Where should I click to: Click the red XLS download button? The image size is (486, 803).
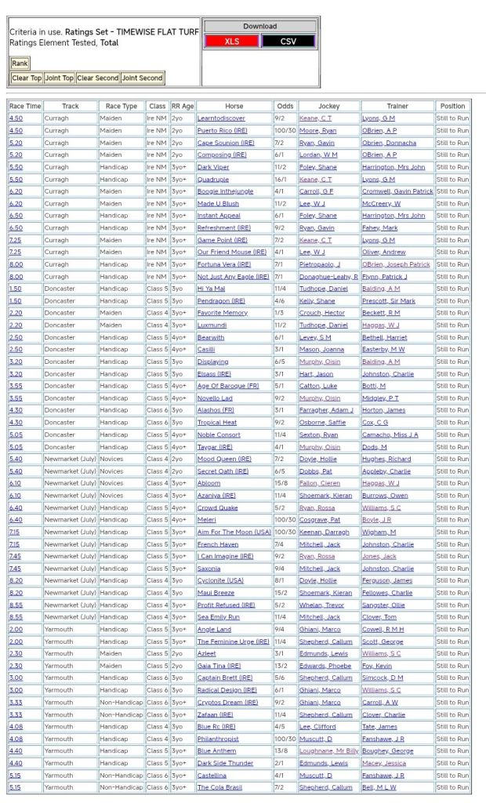click(231, 41)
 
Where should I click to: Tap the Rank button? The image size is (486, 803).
click(20, 64)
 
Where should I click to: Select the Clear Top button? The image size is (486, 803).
click(27, 78)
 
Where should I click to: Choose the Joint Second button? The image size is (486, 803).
click(142, 78)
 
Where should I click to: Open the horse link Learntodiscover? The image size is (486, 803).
click(221, 118)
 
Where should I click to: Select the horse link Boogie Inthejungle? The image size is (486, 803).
click(226, 191)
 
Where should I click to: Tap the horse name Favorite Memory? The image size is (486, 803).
click(222, 313)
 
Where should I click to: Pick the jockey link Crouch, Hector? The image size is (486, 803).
click(321, 313)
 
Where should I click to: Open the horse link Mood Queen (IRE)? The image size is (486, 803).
click(224, 459)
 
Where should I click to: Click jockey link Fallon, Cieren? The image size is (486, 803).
click(317, 483)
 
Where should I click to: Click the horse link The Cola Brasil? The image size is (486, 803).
click(219, 787)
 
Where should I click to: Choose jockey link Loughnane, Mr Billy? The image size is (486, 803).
click(328, 750)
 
